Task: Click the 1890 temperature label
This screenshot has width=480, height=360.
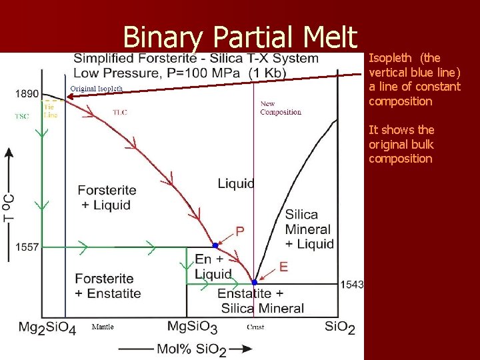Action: click(x=27, y=94)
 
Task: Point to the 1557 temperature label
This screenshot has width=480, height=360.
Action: click(x=27, y=247)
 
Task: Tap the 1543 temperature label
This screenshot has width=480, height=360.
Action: click(x=352, y=285)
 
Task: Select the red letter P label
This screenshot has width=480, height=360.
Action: click(x=240, y=231)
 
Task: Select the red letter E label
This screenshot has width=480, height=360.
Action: click(x=283, y=267)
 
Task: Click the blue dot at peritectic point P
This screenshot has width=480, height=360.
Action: click(x=215, y=245)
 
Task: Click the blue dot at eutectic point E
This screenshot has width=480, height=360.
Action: click(x=255, y=283)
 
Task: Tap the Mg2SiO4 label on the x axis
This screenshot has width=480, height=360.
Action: click(x=47, y=327)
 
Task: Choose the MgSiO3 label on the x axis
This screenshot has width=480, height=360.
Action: click(x=192, y=327)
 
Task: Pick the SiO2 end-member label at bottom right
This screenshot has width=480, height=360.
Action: click(x=340, y=327)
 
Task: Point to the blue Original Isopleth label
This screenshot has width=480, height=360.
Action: click(x=97, y=89)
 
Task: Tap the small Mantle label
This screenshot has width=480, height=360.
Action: click(x=103, y=327)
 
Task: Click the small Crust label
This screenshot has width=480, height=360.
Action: click(x=255, y=327)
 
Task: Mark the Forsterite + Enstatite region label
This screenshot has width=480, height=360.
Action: click(x=108, y=285)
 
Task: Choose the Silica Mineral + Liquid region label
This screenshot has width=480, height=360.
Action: click(x=309, y=229)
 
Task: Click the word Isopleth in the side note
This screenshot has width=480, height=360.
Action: click(x=389, y=58)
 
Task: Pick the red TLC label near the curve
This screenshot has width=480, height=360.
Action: click(x=120, y=112)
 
